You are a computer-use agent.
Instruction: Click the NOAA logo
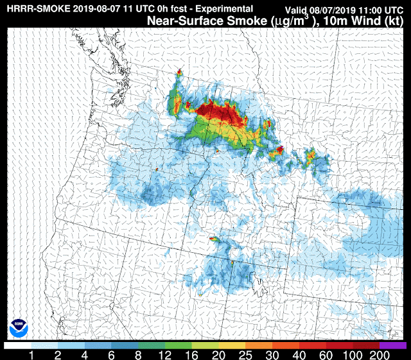tap(19, 329)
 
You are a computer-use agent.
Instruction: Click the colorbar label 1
tap(30, 354)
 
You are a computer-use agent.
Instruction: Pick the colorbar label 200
tap(380, 354)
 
